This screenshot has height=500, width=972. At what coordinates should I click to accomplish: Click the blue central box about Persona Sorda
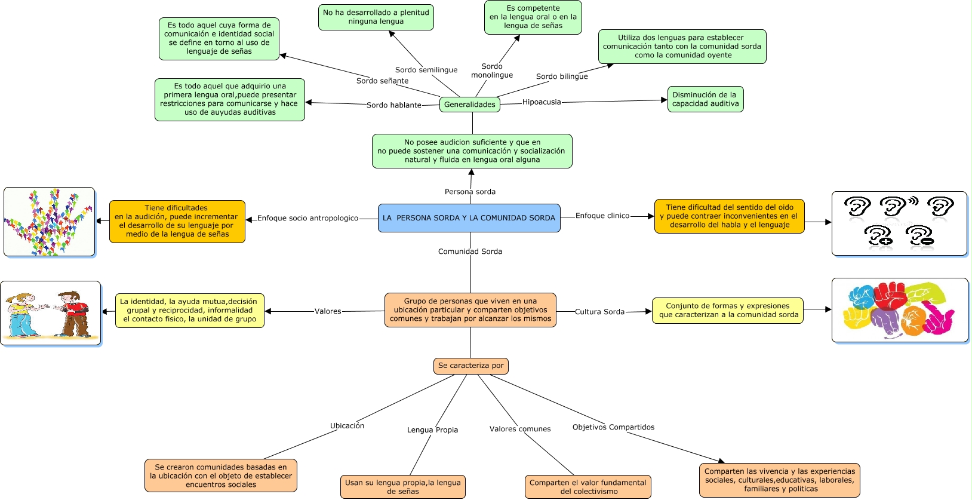pos(469,218)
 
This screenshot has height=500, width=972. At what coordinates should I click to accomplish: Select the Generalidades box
pos(470,105)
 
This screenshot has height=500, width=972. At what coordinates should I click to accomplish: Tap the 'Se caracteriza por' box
pos(470,366)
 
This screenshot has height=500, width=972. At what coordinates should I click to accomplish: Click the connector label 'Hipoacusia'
pos(542,102)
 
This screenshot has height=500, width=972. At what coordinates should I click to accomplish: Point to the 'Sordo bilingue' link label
pos(562,76)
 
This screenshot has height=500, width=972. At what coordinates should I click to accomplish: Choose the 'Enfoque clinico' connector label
pos(602,216)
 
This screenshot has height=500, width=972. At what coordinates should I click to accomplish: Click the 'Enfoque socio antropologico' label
pos(307,219)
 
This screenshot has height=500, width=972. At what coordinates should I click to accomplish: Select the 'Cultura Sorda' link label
pos(599,312)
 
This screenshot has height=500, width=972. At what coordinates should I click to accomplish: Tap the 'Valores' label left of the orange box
pos(328,311)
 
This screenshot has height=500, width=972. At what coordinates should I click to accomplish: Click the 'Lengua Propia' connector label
pos(432,430)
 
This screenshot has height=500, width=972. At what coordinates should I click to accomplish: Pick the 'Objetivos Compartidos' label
pos(613,427)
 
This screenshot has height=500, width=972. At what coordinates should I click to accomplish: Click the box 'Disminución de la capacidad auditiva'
pos(705,99)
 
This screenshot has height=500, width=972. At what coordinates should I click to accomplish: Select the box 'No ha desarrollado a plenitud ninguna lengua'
pos(376,17)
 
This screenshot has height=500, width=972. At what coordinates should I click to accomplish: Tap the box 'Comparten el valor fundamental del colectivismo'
pos(587,487)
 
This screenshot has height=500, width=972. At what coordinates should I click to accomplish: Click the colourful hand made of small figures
pos(49,222)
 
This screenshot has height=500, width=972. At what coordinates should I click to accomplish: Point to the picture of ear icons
pos(899,223)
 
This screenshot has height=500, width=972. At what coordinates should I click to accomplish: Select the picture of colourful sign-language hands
pos(899,310)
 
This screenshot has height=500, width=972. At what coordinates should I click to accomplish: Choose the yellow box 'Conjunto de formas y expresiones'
pos(727,311)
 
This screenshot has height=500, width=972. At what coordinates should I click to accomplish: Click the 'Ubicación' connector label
pos(347,426)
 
